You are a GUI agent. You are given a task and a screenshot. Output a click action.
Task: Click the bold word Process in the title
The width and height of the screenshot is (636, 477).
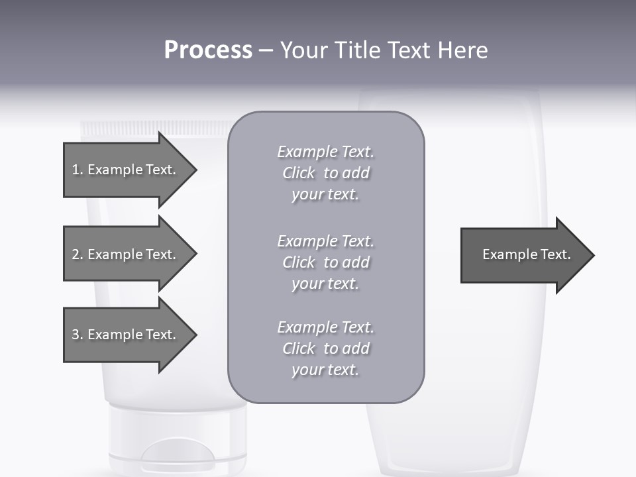(208, 50)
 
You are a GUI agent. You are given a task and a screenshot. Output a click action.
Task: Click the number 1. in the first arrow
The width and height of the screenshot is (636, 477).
(78, 170)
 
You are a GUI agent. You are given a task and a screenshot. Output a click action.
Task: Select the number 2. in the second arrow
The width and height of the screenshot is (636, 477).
(78, 254)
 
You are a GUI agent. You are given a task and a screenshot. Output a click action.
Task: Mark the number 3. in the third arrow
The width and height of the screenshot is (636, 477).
(78, 335)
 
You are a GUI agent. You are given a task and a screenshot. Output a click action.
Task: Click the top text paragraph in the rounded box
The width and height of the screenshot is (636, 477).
(325, 173)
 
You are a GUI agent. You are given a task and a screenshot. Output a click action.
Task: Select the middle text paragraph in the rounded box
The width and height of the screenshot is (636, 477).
(325, 262)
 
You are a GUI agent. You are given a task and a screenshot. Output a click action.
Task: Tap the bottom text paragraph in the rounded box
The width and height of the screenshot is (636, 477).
(325, 348)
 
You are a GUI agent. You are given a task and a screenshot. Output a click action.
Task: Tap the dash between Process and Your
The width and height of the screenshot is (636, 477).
(266, 51)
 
